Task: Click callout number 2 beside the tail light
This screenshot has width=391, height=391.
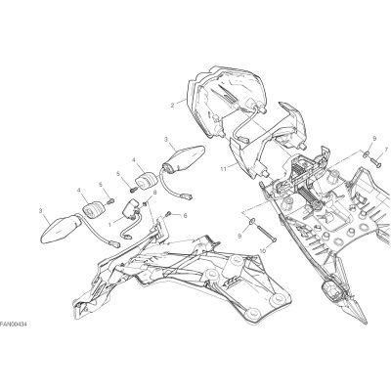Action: point(172,105)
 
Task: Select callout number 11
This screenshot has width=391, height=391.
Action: point(223,169)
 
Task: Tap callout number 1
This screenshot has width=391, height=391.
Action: point(109,225)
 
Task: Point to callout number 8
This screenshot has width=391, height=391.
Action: point(154,193)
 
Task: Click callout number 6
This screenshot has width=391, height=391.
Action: point(186,215)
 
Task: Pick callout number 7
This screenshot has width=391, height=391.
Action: point(386,150)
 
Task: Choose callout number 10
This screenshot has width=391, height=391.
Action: point(263,251)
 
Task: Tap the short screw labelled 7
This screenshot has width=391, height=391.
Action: point(375,161)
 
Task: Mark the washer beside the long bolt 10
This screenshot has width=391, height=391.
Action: point(252,222)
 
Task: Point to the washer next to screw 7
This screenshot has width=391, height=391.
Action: point(366,152)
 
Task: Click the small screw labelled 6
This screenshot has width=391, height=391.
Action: point(169,214)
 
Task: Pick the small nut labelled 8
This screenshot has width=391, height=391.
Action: point(145,204)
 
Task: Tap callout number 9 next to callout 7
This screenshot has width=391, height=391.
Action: point(374,139)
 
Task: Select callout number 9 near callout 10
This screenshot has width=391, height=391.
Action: point(239,237)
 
